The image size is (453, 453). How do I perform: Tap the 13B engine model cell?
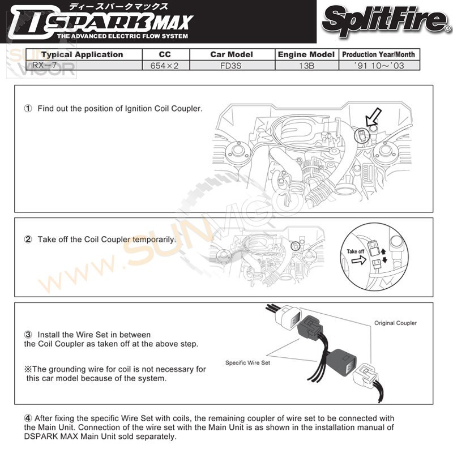(x=306, y=66)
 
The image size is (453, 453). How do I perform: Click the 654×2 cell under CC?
(x=164, y=66)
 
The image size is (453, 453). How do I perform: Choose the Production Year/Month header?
(x=378, y=55)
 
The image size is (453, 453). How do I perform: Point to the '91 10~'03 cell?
(x=378, y=66)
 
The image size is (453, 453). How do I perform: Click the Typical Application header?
(x=82, y=55)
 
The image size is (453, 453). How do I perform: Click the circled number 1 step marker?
(x=28, y=108)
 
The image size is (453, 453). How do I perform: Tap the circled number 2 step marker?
(x=28, y=240)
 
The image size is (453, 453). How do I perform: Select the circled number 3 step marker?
(x=28, y=335)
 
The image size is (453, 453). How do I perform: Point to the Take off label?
(x=355, y=251)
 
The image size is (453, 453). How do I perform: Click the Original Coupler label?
(x=395, y=323)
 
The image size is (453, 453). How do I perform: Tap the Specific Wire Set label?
(x=247, y=362)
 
